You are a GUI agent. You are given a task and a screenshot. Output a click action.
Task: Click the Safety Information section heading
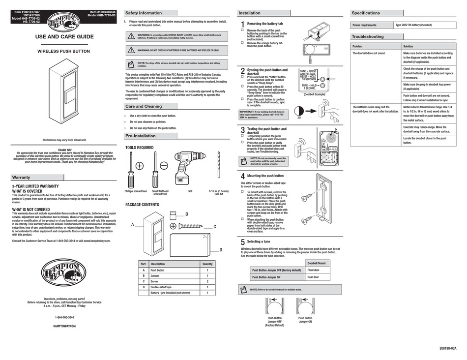pos(143,13)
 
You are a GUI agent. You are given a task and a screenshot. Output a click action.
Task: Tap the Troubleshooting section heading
pos(368,36)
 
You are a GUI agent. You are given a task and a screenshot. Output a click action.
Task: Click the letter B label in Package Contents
pos(186,214)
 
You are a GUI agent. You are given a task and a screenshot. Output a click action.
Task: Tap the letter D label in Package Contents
pos(221,250)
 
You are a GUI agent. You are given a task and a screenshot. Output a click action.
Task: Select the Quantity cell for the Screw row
pos(207,281)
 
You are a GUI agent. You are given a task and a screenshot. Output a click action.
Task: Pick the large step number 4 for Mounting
pos(243,177)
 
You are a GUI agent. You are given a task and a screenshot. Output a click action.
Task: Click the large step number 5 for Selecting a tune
pos(243,242)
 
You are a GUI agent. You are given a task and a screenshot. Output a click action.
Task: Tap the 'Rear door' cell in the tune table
pos(313,277)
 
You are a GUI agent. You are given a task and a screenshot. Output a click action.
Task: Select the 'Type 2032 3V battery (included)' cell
pos(413,25)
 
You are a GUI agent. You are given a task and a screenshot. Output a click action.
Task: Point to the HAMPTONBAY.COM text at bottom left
pos(64,326)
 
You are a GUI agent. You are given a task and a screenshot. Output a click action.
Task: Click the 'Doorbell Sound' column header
pos(316,263)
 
